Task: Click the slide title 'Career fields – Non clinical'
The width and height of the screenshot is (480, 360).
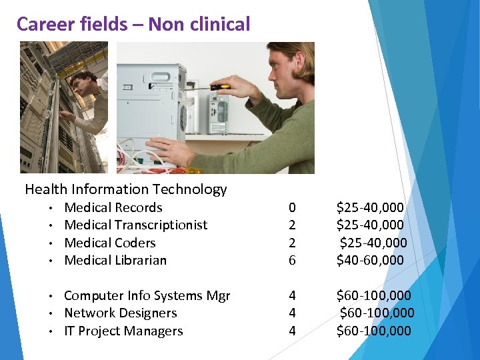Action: (133, 25)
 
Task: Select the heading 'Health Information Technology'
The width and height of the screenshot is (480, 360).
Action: (126, 189)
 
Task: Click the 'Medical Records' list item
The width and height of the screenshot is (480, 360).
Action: (113, 207)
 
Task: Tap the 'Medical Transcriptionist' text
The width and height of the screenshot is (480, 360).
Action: (135, 225)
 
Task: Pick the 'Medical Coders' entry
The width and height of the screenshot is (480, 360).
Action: (110, 243)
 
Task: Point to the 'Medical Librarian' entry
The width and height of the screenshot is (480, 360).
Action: (115, 260)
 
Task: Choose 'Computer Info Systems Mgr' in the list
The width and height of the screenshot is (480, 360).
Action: (147, 295)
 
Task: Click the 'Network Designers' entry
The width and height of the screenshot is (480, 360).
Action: (121, 313)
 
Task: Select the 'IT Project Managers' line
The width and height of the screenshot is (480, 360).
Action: (123, 331)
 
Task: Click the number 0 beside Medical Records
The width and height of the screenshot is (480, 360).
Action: (291, 208)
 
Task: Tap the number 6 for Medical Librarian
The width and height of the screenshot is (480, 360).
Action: (291, 261)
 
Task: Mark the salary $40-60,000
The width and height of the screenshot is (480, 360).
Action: (370, 260)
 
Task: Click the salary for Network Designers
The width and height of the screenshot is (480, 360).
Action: (377, 313)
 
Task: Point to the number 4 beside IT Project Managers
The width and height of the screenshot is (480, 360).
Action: (291, 331)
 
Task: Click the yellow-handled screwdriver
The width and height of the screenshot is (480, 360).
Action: (221, 86)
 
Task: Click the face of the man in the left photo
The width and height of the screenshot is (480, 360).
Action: (81, 85)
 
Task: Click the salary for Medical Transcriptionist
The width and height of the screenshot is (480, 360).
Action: (370, 225)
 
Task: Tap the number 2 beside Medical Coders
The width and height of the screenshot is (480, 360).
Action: (291, 243)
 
